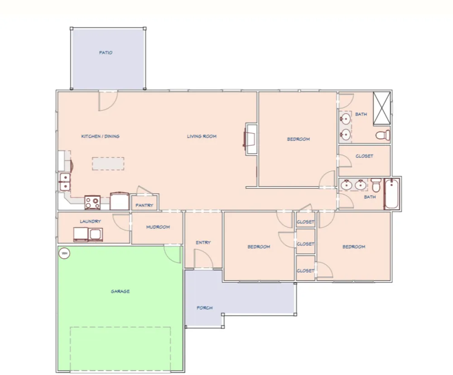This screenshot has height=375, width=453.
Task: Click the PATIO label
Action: [x=106, y=53]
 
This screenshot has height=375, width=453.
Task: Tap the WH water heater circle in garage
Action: [x=64, y=253]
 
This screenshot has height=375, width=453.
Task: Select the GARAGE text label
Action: [x=120, y=291]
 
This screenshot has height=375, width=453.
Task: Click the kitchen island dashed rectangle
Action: [x=108, y=163]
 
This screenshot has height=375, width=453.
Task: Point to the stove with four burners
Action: [x=92, y=202]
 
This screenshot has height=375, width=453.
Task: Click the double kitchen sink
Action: [x=65, y=182]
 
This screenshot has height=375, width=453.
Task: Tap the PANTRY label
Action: [x=144, y=206]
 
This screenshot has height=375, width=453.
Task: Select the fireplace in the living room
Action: [x=250, y=139]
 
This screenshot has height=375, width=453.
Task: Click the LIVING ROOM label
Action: [x=202, y=136]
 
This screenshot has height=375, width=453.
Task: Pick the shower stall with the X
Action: [x=381, y=108]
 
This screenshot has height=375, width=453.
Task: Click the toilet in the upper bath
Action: [x=383, y=135]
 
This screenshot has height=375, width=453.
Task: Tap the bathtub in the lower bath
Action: [x=391, y=193]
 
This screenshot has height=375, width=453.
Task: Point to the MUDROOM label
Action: [x=158, y=227]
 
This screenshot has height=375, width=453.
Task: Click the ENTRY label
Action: [x=203, y=242]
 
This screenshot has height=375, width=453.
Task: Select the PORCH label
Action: [x=205, y=308]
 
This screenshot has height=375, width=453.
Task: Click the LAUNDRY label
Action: [x=91, y=221]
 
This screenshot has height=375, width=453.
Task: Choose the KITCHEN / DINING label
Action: [x=100, y=136]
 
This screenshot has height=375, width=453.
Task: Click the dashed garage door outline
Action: [x=120, y=327]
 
